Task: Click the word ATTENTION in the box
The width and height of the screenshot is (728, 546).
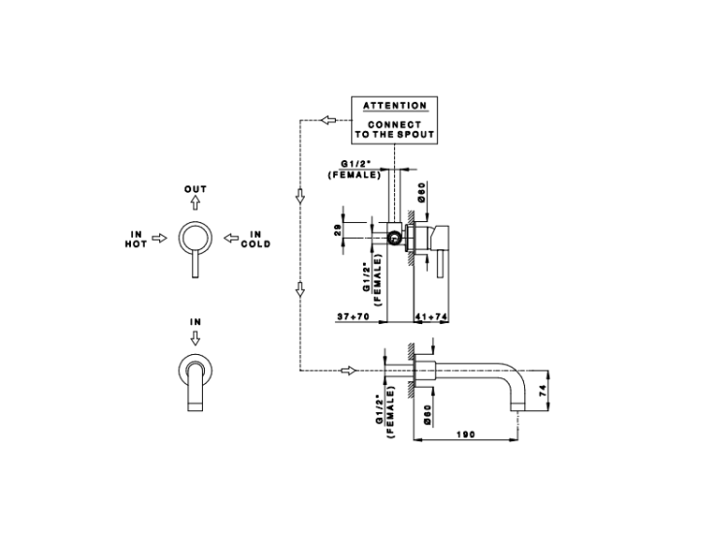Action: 394,105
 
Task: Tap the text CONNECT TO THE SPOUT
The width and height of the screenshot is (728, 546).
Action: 394,130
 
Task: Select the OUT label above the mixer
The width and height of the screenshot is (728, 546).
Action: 195,189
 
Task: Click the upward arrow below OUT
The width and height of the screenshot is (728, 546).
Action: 195,203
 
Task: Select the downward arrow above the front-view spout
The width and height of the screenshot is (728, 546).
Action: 195,337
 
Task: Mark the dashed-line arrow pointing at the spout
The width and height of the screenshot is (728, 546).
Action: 347,369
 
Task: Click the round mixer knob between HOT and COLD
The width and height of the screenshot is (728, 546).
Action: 195,236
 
